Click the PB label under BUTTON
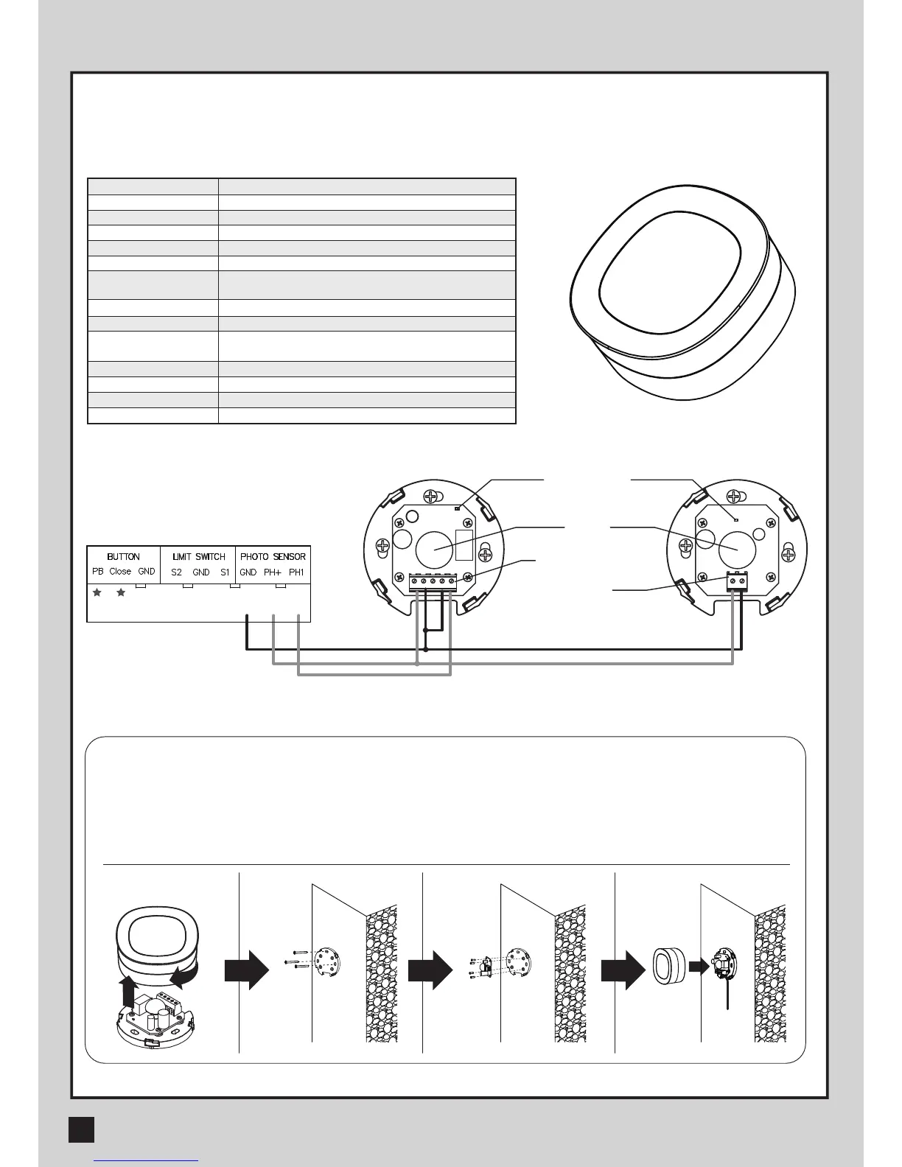click(x=98, y=572)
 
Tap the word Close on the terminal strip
click(x=120, y=572)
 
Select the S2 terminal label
click(x=176, y=572)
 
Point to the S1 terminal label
click(x=225, y=572)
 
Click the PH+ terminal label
click(x=273, y=572)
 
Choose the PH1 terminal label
click(x=296, y=572)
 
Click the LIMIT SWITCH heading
click(x=199, y=557)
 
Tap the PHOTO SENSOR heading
click(x=273, y=557)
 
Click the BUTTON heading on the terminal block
click(x=123, y=557)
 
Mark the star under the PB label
click(x=97, y=592)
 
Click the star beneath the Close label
click(x=121, y=592)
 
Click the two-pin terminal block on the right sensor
click(x=738, y=581)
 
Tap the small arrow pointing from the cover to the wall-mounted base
click(x=698, y=967)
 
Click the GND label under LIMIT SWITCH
click(x=201, y=572)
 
